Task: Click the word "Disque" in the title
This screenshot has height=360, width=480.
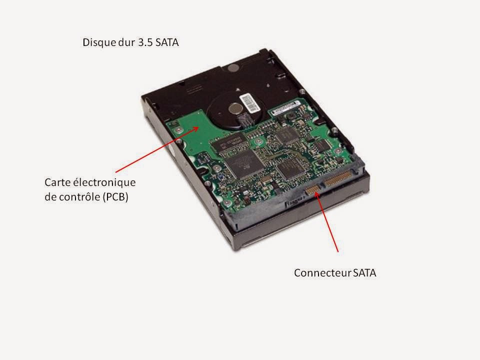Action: click(97, 43)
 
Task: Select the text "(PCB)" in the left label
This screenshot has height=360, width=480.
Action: click(115, 197)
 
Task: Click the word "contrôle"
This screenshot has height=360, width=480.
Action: click(79, 197)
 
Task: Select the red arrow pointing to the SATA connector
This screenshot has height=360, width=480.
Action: click(327, 222)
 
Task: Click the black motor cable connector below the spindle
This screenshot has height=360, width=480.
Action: click(245, 120)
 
